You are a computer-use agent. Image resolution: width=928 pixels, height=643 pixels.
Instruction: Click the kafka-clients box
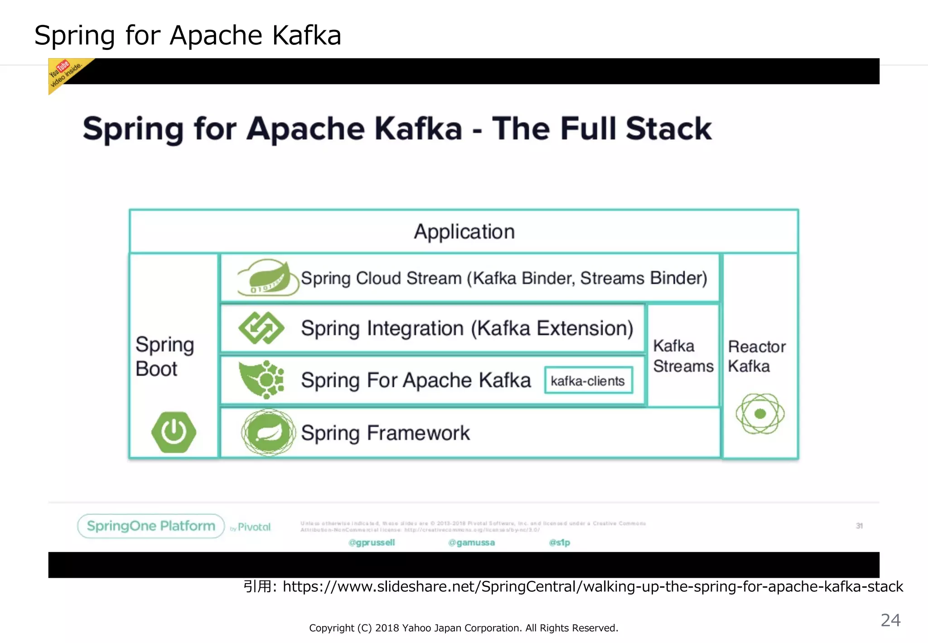(x=588, y=380)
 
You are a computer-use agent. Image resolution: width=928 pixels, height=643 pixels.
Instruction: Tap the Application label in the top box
(x=464, y=232)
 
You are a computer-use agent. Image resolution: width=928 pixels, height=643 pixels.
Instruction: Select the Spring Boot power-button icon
(x=174, y=432)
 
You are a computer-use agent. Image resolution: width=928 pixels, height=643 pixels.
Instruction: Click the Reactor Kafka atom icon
(x=760, y=414)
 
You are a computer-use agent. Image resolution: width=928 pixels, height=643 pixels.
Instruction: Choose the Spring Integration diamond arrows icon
(x=261, y=328)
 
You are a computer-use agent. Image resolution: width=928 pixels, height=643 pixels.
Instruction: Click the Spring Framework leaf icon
(x=268, y=432)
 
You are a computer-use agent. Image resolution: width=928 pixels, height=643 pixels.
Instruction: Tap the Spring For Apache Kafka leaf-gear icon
(x=262, y=380)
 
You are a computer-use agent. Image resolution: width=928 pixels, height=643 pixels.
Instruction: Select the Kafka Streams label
(x=683, y=356)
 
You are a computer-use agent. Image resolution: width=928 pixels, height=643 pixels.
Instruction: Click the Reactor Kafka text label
(x=756, y=356)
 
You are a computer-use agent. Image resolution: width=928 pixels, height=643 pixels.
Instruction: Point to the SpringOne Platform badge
(x=151, y=526)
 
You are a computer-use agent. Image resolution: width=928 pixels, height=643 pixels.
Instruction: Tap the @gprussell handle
(x=372, y=542)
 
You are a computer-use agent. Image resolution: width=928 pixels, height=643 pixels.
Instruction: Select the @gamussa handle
(x=471, y=542)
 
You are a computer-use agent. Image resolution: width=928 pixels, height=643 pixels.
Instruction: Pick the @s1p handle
(x=559, y=542)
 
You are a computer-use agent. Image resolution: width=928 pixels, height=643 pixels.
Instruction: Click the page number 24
(x=890, y=620)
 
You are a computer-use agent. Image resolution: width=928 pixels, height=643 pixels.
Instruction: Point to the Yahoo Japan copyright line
(x=464, y=628)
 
